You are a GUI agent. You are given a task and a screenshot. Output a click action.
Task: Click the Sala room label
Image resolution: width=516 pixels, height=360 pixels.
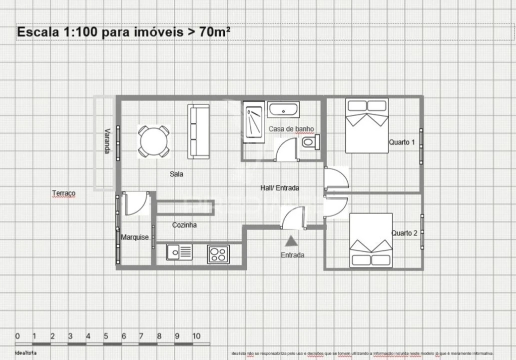pyautogui.click(x=176, y=174)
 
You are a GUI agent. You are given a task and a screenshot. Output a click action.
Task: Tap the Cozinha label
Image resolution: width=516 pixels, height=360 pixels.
pyautogui.click(x=184, y=225)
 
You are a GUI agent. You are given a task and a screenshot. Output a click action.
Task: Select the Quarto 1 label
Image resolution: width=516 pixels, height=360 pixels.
pyautogui.click(x=402, y=142)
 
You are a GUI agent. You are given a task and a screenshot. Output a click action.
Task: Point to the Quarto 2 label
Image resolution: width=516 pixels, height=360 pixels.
pyautogui.click(x=404, y=233)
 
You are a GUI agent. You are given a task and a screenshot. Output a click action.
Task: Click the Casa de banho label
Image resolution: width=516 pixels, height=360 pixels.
pyautogui.click(x=291, y=129)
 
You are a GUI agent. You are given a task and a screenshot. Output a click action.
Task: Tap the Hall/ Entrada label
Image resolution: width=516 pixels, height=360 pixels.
pyautogui.click(x=280, y=188)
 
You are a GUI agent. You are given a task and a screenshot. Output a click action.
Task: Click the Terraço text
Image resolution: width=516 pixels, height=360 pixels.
pyautogui.click(x=63, y=193)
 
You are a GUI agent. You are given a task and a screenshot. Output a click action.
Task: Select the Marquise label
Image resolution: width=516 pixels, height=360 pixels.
pyautogui.click(x=134, y=237)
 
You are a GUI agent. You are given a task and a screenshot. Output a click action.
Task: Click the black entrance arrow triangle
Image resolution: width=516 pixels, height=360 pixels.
pyautogui.click(x=291, y=242)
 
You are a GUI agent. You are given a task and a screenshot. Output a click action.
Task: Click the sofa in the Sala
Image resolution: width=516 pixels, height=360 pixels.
pyautogui.click(x=198, y=131)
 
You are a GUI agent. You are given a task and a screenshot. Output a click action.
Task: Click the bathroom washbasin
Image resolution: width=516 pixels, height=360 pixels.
pyautogui.click(x=284, y=109)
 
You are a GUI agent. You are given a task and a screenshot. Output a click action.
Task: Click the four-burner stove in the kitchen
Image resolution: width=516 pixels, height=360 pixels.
pyautogui.click(x=218, y=254)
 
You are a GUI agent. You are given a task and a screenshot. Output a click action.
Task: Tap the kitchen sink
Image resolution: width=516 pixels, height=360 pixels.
pyautogui.click(x=179, y=252)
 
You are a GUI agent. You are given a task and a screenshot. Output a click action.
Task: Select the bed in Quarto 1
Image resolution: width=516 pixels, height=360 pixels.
pyautogui.click(x=367, y=125)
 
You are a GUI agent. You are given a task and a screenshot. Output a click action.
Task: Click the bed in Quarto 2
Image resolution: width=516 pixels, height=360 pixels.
pyautogui.click(x=371, y=240)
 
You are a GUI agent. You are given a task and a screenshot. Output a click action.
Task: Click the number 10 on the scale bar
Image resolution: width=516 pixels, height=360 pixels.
pyautogui.click(x=196, y=336)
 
